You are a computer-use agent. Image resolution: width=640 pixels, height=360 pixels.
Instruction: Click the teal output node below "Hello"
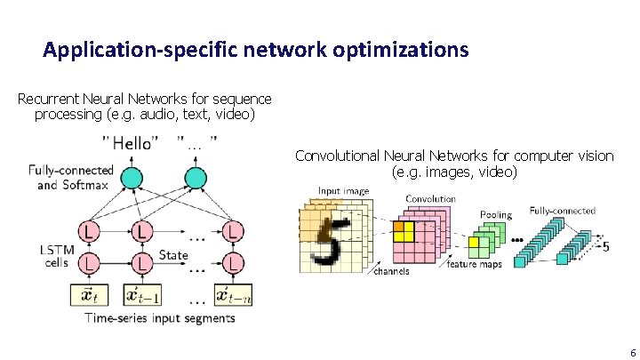[x=132, y=178]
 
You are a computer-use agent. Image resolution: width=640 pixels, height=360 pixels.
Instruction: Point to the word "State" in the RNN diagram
[x=173, y=255]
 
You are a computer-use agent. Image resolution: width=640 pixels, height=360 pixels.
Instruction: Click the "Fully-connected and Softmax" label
[x=70, y=178]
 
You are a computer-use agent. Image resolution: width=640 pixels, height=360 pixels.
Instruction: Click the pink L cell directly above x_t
[x=89, y=264]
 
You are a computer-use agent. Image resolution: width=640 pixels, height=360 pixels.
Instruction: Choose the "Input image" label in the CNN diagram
[x=344, y=191]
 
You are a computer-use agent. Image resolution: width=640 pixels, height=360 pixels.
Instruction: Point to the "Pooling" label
[x=495, y=214]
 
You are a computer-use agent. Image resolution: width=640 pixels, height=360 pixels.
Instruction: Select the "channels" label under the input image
[x=391, y=270]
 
